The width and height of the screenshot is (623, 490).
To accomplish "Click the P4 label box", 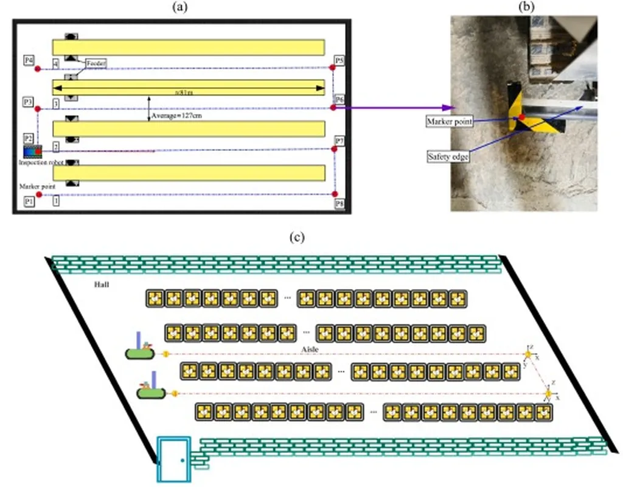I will coord(29,60).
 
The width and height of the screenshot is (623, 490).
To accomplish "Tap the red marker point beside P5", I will coord(333,68).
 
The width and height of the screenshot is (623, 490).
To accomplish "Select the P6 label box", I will coord(340,99).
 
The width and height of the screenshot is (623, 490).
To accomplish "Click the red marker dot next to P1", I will coord(38,194).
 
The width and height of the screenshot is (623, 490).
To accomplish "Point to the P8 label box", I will coord(339,203).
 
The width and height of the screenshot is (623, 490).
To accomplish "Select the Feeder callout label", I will coord(96,63).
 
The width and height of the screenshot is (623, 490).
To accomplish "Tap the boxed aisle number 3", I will coord(56,105).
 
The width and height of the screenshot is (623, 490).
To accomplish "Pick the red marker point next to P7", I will coord(334,149).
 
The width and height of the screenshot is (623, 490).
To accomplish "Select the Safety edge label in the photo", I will coord(448,156).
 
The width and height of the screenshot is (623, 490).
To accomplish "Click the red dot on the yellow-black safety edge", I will coord(521,117).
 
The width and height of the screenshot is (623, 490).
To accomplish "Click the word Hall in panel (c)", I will coord(102,284).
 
